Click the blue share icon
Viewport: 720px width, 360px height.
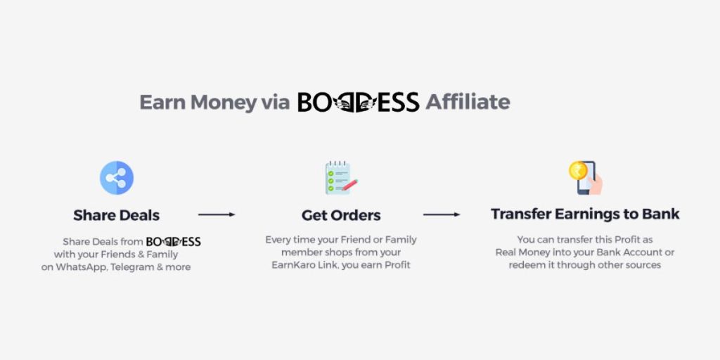pyautogui.click(x=117, y=178)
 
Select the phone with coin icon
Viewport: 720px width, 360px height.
pyautogui.click(x=586, y=178)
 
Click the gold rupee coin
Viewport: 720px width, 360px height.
pyautogui.click(x=578, y=170)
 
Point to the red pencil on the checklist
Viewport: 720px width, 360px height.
pyautogui.click(x=350, y=185)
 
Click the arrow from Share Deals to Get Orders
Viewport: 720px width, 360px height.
pyautogui.click(x=217, y=214)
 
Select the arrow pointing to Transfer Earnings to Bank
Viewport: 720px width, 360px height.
pyautogui.click(x=442, y=214)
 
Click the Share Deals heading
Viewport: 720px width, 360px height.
pyautogui.click(x=117, y=215)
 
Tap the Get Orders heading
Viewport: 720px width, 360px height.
pyautogui.click(x=341, y=215)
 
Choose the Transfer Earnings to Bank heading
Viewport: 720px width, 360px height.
pyautogui.click(x=585, y=214)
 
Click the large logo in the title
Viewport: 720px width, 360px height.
pyautogui.click(x=358, y=102)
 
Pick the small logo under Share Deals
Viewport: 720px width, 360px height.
pyautogui.click(x=174, y=242)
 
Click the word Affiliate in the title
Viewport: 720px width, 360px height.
pyautogui.click(x=468, y=101)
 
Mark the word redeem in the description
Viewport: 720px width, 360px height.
pyautogui.click(x=526, y=265)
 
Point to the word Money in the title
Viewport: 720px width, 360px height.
pyautogui.click(x=224, y=103)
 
